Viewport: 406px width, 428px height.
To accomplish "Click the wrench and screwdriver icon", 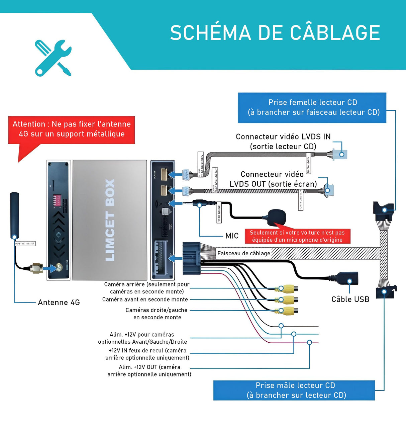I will pos(53,58).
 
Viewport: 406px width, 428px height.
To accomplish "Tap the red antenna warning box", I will pos(71,129).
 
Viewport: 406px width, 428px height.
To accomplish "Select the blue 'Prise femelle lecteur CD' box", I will pos(312,107).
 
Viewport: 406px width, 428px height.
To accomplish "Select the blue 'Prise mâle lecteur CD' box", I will pos(294,390).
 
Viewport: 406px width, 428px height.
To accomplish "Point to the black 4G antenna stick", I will pos(14,214).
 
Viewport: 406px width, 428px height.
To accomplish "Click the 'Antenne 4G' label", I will pos(59,303).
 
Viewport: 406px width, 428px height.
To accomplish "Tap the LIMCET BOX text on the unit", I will pos(110,220).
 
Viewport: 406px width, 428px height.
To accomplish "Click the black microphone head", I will pos(277,217).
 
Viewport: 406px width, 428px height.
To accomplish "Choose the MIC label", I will pos(232,236).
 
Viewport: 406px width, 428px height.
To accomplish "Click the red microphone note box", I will pos(297,236).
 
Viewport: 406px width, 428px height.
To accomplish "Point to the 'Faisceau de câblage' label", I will pos(243,253).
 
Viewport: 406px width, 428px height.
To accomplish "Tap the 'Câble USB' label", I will pos(350,299).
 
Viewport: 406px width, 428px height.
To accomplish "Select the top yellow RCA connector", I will pos(288,288).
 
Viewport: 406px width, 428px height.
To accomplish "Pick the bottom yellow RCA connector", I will pos(288,311).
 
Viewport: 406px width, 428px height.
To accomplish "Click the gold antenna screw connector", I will pos(36,268).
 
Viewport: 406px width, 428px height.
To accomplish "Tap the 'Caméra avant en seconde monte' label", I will pos(145,299).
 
